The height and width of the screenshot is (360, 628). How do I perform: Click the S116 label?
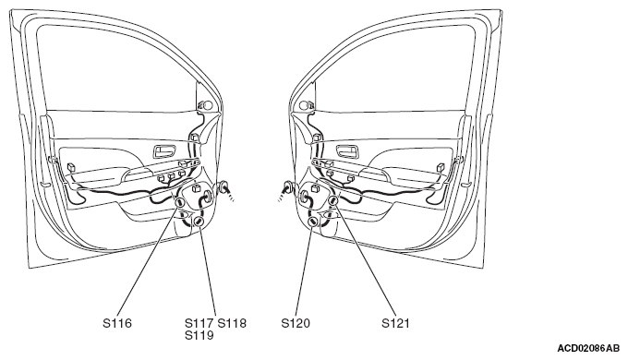(117, 323)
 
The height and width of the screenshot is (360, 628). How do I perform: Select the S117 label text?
(199, 323)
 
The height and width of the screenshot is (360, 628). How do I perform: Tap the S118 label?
(232, 323)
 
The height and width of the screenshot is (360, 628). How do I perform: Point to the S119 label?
(199, 335)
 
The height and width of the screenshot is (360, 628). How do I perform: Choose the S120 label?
(296, 323)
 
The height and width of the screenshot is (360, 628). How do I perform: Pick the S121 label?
(395, 323)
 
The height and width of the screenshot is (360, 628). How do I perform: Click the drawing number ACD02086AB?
(588, 348)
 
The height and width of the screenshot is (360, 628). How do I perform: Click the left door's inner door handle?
(164, 151)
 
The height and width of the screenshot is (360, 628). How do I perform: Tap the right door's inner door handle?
(347, 151)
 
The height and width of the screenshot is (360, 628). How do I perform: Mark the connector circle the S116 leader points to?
(180, 203)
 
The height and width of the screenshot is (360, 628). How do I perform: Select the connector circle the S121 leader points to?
(332, 201)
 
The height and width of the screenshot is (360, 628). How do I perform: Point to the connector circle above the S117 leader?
(199, 222)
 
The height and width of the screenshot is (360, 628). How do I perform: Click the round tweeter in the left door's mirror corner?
(208, 105)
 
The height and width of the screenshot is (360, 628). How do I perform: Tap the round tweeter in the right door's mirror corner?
(305, 105)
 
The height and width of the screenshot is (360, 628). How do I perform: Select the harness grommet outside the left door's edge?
(224, 187)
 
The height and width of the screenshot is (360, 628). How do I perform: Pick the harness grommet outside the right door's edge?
(287, 187)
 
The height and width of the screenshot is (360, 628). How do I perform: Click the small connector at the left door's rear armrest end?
(72, 167)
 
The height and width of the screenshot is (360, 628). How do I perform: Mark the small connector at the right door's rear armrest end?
(441, 167)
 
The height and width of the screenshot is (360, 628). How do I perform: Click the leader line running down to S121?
(365, 260)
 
